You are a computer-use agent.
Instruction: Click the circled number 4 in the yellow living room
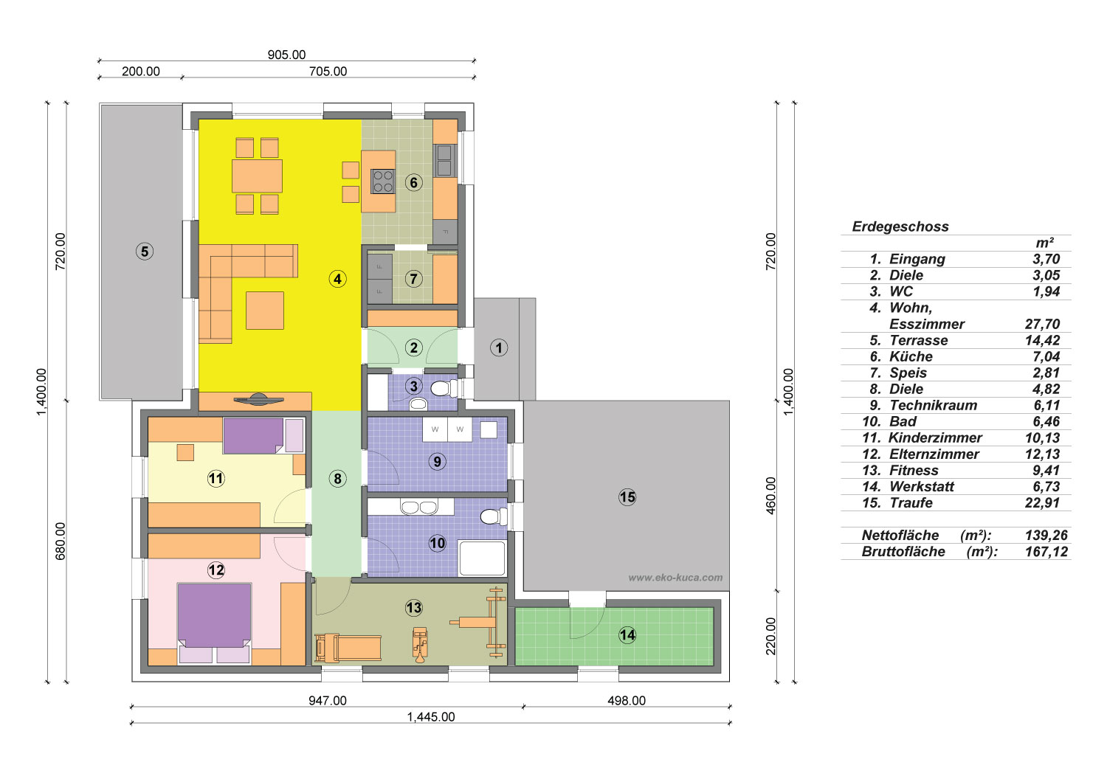(337, 279)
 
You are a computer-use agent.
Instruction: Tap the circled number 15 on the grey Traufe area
(627, 497)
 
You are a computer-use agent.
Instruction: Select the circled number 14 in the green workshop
(627, 634)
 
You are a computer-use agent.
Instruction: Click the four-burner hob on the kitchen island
(383, 181)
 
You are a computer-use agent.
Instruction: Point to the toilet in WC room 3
(444, 388)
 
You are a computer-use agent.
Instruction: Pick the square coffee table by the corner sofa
(265, 311)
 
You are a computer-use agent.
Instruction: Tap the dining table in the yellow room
(257, 176)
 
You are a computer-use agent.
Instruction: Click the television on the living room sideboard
(255, 399)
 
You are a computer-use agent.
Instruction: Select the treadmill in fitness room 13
(348, 648)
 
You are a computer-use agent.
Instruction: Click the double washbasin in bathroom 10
(419, 507)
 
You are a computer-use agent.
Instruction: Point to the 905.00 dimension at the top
(286, 55)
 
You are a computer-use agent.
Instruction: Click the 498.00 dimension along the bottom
(627, 701)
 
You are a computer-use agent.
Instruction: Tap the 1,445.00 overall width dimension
(431, 717)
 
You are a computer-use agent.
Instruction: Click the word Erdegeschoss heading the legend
(900, 226)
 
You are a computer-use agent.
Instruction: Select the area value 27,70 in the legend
(1042, 324)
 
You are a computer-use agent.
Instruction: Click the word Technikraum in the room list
(934, 406)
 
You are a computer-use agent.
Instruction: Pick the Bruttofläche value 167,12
(1046, 552)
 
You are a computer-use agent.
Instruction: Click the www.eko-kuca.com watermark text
(675, 578)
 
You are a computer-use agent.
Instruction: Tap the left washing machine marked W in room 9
(435, 429)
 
